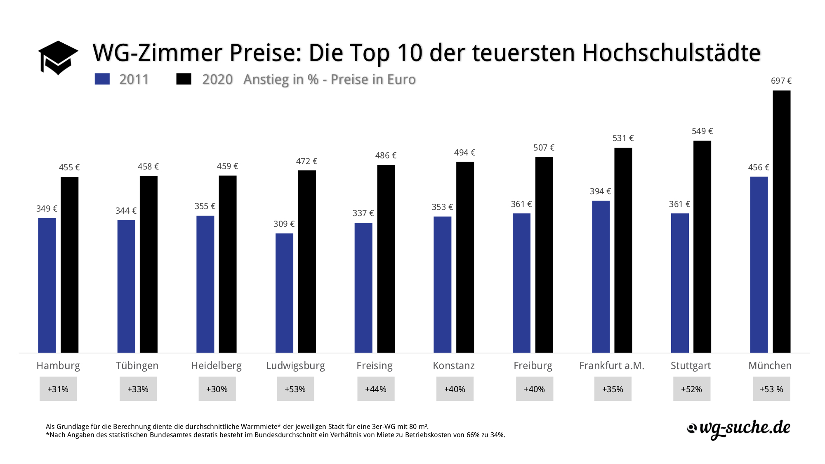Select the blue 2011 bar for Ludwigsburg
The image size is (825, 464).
(284, 293)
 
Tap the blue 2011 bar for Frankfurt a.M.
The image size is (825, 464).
(601, 276)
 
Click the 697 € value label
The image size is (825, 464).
(781, 81)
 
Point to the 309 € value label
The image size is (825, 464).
(284, 224)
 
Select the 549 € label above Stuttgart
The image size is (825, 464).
(702, 131)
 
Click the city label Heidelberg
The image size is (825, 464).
(216, 366)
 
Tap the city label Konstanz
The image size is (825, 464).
(454, 366)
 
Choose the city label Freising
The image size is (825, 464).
(375, 366)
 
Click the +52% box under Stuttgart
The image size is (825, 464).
(692, 389)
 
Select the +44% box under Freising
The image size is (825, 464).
(376, 389)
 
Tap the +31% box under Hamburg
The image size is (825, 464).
(58, 389)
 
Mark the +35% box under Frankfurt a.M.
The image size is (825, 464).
(613, 389)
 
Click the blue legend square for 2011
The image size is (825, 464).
(102, 79)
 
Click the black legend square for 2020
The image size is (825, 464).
(184, 79)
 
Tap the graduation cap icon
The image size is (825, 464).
(58, 57)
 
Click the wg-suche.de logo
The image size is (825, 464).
(738, 429)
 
